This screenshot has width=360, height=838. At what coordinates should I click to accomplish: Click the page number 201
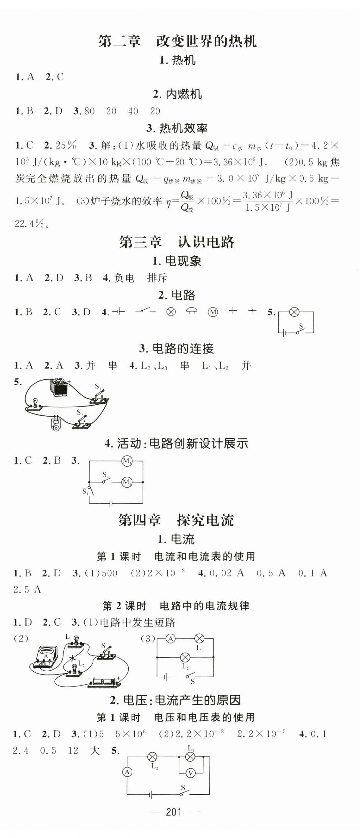pos(174,812)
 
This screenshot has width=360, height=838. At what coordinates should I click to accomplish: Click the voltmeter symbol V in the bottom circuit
pos(190,773)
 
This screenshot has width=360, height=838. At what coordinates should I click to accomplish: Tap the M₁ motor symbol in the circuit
pos(127,461)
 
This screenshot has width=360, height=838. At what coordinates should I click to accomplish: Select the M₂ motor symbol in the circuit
pos(127,482)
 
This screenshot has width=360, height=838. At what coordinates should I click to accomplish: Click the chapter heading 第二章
pos(119,41)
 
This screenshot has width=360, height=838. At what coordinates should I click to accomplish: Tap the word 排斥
pos(157,278)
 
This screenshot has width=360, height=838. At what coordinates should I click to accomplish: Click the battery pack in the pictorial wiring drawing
pos(59,387)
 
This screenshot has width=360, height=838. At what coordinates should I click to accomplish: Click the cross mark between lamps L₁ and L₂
pos(72,658)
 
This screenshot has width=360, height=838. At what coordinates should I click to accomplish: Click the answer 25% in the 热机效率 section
pos(66,145)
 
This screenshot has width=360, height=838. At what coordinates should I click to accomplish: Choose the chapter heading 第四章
pos(139,520)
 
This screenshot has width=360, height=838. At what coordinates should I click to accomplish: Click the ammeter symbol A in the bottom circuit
pos(127,772)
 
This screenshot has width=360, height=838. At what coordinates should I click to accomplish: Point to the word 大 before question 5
pos(94,751)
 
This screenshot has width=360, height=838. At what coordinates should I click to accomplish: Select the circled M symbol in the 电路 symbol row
pos(213,312)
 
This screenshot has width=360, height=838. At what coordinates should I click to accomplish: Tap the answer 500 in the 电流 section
pos(109,573)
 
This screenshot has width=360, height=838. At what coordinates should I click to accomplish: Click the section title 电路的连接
pos(183,348)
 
